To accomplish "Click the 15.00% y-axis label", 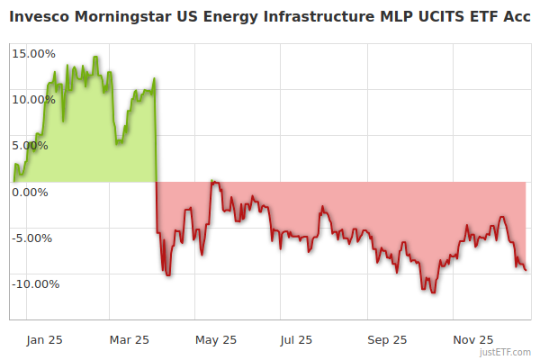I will [x=33, y=53].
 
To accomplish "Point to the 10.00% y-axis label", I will [x=33, y=99].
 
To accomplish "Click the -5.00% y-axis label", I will [x=34, y=238].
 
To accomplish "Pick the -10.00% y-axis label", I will [x=33, y=283].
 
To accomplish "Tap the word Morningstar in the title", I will [x=123, y=17].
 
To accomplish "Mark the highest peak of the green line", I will [x=95, y=57].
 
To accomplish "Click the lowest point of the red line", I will [x=434, y=292].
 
